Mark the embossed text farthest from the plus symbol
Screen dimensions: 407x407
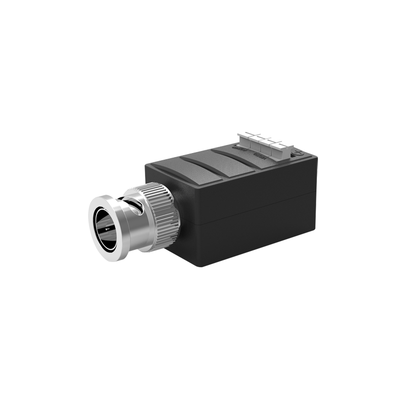pos(238,149)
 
